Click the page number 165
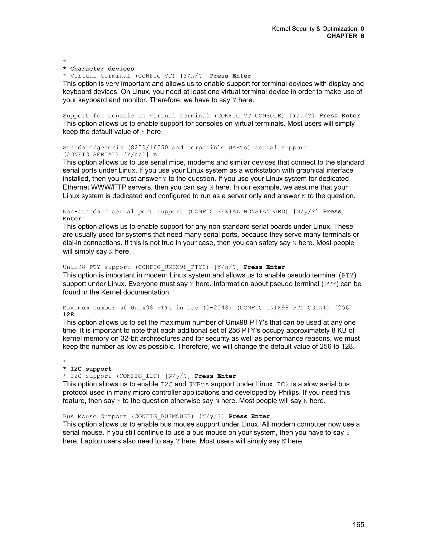pos(358,525)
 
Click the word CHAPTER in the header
pos(342,36)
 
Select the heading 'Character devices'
pos(102,69)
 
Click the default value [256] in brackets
pos(343,308)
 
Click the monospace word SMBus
pos(198,385)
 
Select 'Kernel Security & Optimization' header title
pos(314,29)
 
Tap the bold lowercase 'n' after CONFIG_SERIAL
pos(155,155)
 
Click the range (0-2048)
pos(217,308)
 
